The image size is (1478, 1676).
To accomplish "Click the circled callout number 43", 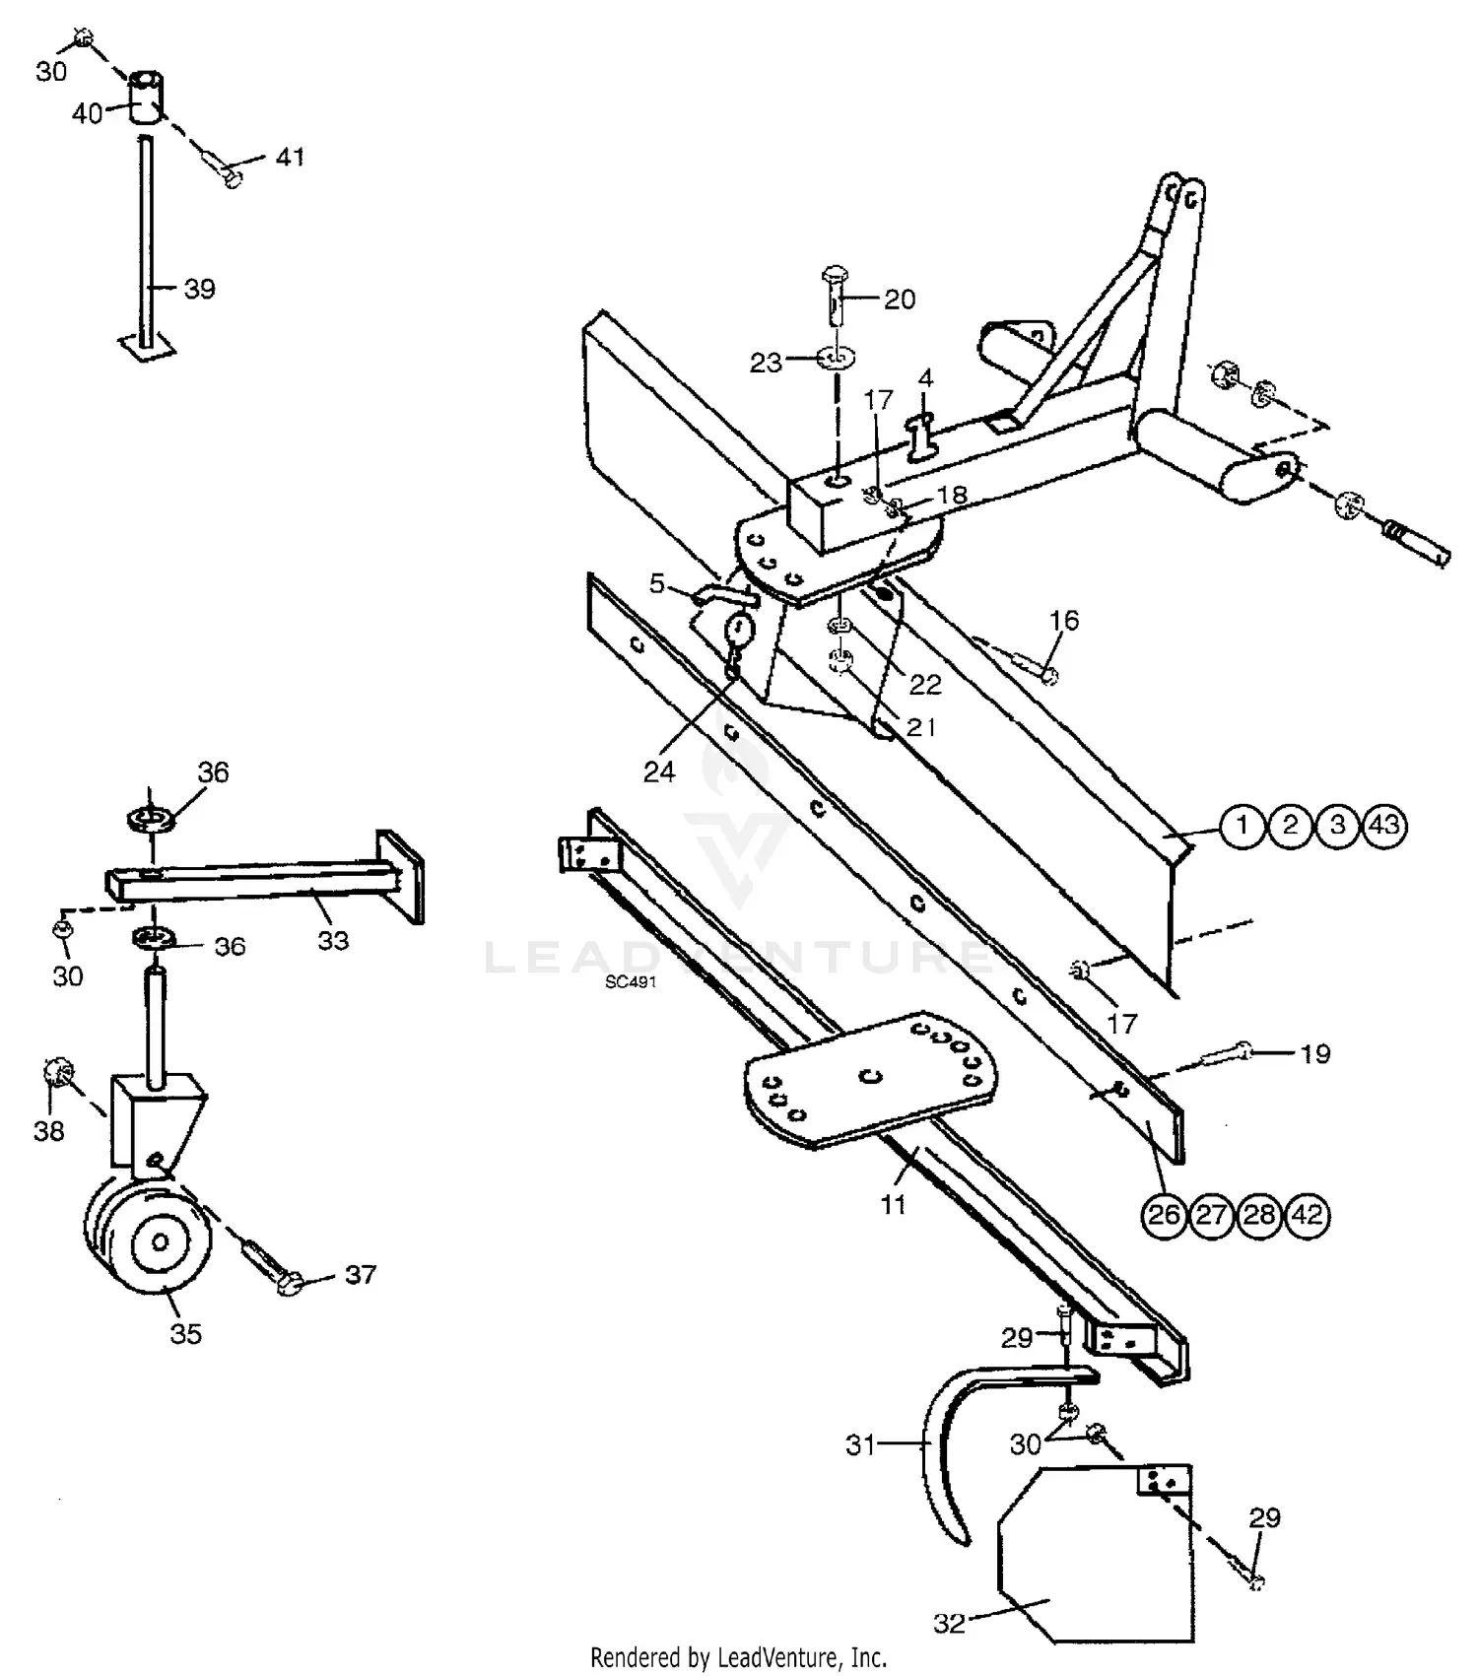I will pos(1383,825).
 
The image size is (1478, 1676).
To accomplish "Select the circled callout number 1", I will pos(1243,825).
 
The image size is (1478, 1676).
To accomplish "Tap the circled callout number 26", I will pos(1164,1215).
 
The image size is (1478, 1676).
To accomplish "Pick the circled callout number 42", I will pos(1307,1215).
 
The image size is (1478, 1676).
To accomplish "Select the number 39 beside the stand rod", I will pos(199,289).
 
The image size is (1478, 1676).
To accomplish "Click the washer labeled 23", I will pos(835,357).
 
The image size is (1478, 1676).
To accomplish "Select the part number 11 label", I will pos(893,1204).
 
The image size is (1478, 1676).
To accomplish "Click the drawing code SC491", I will pos(631,982).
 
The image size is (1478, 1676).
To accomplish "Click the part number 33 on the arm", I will pos(333,941).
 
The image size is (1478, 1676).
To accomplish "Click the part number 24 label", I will pos(659,771).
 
